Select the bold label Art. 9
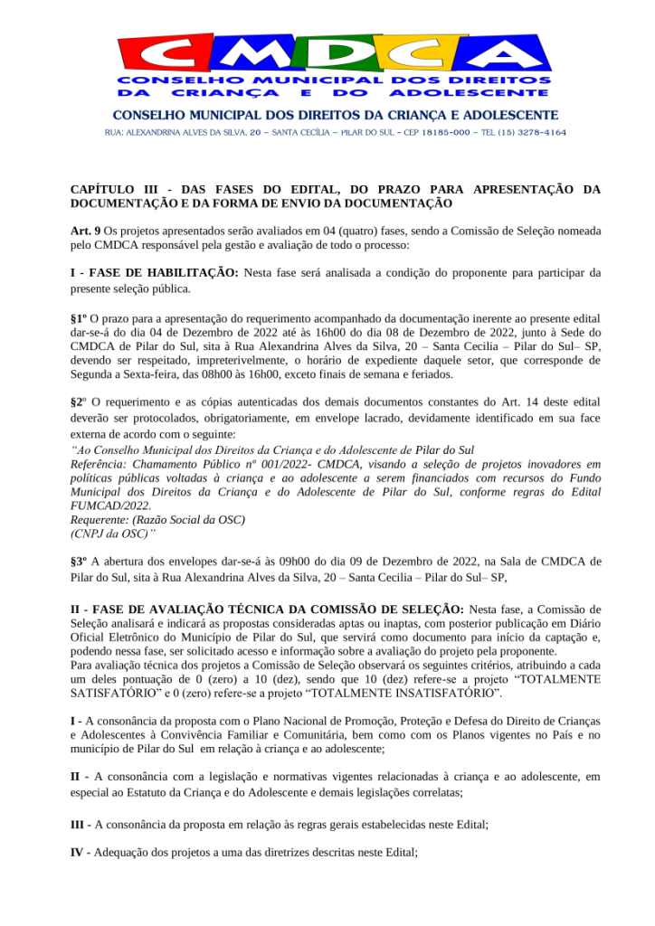(x=86, y=231)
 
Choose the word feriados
(x=430, y=374)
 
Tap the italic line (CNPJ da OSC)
(x=108, y=534)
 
